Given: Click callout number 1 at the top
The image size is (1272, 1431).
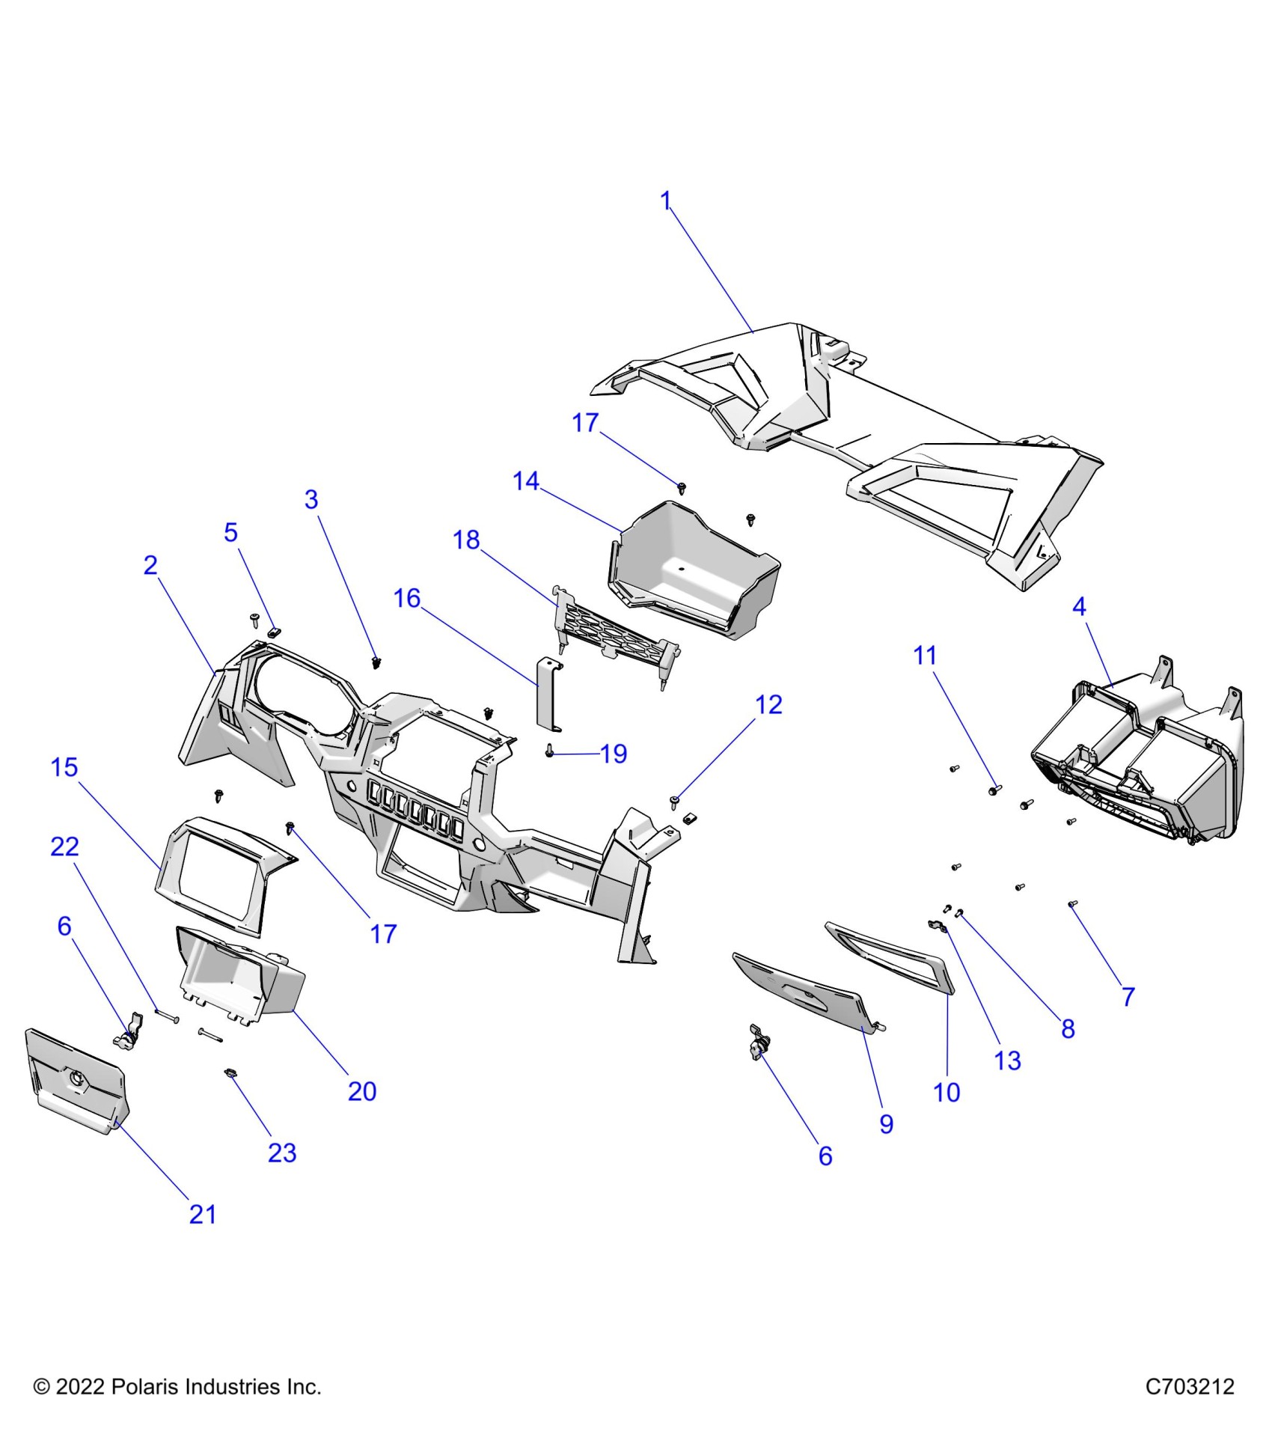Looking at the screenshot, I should (x=665, y=201).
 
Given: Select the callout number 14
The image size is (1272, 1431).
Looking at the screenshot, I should (x=525, y=480).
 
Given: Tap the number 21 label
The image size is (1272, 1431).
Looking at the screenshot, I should (x=203, y=1214).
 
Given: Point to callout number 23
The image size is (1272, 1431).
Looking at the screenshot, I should (x=282, y=1153).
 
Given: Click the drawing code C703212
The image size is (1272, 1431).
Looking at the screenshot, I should (x=1190, y=1387).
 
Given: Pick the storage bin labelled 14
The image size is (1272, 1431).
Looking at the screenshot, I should (x=692, y=569).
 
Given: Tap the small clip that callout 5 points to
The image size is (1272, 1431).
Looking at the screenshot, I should (x=274, y=632).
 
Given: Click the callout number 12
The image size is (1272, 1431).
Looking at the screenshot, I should (x=768, y=704).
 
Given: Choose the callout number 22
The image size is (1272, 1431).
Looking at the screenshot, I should (x=64, y=846).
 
